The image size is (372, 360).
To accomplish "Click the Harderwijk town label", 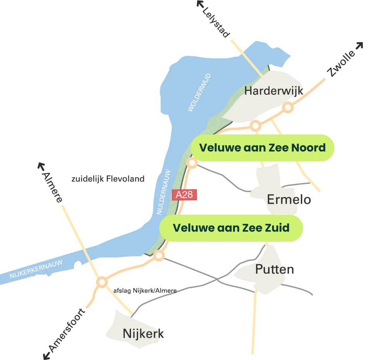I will (x=274, y=91).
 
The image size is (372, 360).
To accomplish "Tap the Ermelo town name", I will (x=289, y=199).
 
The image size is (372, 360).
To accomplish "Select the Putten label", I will (x=274, y=269).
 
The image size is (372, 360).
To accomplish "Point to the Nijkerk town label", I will (x=143, y=333).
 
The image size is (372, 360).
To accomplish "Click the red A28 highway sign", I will (x=184, y=194).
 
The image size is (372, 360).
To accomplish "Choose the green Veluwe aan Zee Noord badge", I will (x=262, y=148).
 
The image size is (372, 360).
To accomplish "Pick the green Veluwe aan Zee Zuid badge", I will (x=231, y=228).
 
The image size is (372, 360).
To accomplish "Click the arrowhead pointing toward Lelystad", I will (x=200, y=4).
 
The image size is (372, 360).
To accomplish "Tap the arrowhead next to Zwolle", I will (x=359, y=46).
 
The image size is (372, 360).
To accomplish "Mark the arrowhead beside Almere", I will (x=41, y=166).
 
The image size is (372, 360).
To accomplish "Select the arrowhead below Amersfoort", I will (x=47, y=355).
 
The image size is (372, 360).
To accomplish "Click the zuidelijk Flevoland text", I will (x=108, y=179).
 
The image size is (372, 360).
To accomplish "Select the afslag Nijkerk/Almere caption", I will (x=145, y=291).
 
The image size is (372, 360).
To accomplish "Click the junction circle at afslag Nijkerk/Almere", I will (x=102, y=282).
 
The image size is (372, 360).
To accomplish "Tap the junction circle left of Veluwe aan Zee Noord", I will (x=192, y=163).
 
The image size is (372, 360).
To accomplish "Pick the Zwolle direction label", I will (x=341, y=64).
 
